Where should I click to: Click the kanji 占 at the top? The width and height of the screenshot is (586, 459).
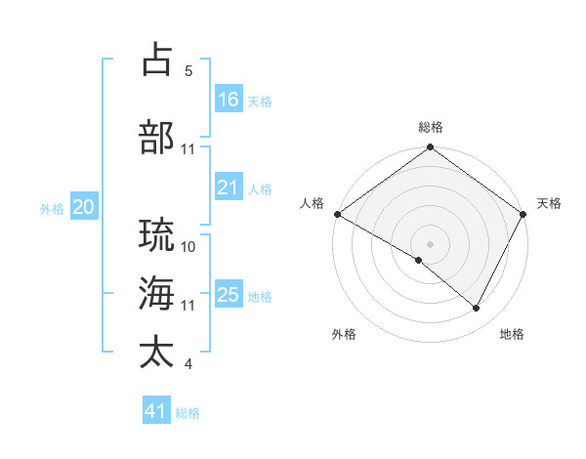(157, 60)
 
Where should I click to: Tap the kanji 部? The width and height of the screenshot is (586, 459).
(157, 137)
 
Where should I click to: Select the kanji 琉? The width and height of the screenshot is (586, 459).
(157, 234)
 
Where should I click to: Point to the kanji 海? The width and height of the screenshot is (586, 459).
(157, 293)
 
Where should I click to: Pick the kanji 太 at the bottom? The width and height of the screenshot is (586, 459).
(157, 352)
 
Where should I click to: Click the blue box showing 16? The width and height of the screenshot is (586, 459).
(228, 100)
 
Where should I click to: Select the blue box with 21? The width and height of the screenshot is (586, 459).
(228, 188)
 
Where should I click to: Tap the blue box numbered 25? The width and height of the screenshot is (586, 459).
(228, 295)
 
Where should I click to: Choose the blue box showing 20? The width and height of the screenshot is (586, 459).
(83, 207)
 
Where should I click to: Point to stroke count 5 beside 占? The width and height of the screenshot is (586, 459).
(188, 71)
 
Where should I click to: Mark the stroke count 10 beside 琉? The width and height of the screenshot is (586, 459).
(188, 246)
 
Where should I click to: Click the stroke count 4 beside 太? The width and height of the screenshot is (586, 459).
(188, 364)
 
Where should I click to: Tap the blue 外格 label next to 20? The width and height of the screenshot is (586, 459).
(52, 208)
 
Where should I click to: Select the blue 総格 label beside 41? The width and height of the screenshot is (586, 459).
(188, 413)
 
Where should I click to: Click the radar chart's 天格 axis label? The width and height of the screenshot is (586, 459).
(549, 203)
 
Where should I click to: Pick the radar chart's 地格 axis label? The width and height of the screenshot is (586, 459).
(512, 334)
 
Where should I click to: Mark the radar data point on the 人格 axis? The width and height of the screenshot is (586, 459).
(337, 214)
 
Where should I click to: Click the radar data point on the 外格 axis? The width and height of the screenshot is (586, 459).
(419, 260)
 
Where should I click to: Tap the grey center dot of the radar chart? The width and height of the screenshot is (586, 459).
(430, 243)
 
